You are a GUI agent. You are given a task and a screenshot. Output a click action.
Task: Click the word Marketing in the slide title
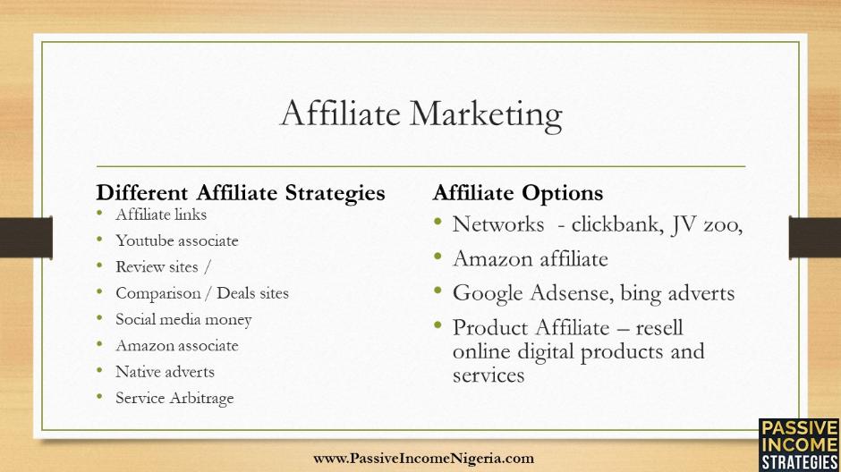pos(486,114)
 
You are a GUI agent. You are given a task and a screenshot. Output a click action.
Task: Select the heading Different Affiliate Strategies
pos(241,193)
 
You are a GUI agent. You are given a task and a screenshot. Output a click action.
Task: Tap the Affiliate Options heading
pos(518,193)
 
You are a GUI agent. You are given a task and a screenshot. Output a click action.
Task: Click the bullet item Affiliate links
pos(161,215)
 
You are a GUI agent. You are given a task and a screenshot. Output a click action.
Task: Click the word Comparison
pos(158,293)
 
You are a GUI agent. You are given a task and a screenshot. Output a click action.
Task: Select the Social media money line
pos(183,319)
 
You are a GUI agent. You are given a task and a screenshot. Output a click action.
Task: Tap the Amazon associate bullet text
pos(177,346)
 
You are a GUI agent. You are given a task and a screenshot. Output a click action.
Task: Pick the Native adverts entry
pos(165,372)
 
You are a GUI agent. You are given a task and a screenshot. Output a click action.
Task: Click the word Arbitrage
pos(201,398)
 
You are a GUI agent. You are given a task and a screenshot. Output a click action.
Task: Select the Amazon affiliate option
pos(531,258)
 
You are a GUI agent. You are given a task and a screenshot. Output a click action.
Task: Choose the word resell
pos(659,327)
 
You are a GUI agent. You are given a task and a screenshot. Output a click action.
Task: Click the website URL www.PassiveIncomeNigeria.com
pos(424,459)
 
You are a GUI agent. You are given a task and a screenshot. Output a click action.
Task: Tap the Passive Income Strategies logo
pos(800,445)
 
